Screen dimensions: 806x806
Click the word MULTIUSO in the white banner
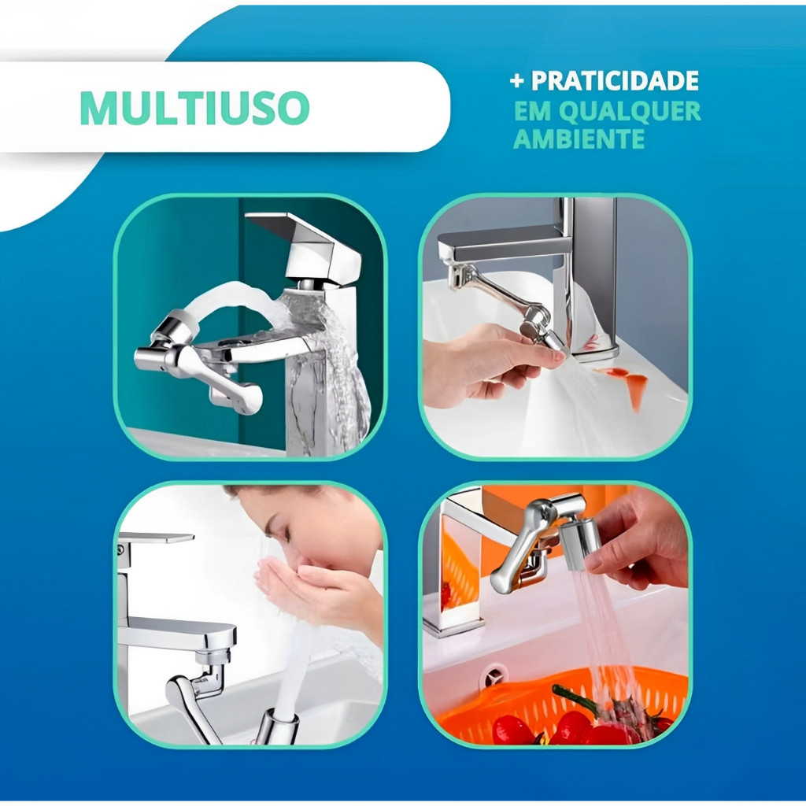(195, 108)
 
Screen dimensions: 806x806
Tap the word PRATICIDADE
(615, 81)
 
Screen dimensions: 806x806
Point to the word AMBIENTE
(579, 139)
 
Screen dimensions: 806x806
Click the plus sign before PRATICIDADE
(518, 81)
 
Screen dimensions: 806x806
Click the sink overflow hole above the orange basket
(494, 673)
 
